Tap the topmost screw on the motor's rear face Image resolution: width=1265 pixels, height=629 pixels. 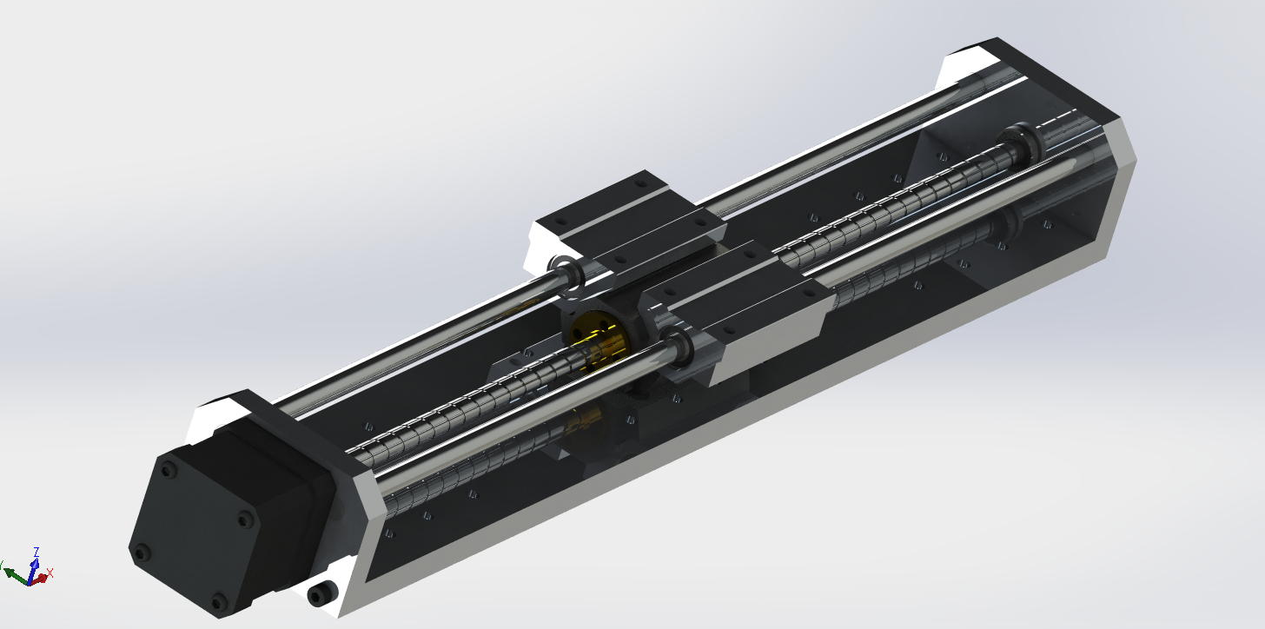(169, 469)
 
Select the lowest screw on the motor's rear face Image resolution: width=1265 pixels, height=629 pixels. (217, 600)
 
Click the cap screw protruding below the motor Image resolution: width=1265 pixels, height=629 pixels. (320, 594)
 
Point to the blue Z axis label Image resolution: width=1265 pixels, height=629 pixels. (36, 552)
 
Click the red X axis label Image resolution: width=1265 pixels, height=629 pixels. (50, 573)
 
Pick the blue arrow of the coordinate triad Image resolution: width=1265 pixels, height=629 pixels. (34, 567)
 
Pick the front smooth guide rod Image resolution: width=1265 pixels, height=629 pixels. (521, 417)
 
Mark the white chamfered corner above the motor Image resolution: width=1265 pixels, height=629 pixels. (213, 417)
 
